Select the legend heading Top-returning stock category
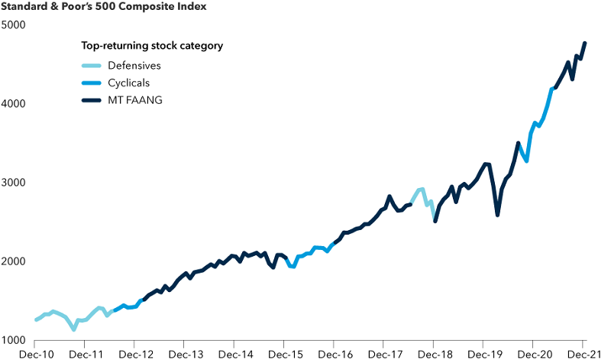152,46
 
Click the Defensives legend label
134,65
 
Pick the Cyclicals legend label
128,83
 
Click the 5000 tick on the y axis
14,24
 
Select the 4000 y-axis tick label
14,103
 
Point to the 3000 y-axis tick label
14,183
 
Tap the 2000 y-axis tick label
14,261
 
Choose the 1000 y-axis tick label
14,340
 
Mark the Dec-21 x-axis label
584,355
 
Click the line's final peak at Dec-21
585,43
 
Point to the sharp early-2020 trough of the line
497,215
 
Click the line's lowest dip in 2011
73,329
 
